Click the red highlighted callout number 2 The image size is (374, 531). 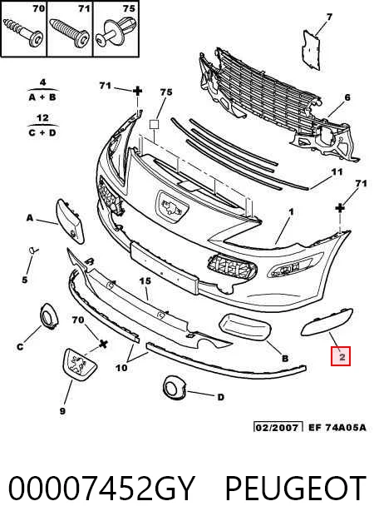(341, 356)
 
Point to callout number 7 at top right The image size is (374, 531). (329, 17)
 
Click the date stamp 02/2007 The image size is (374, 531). (278, 427)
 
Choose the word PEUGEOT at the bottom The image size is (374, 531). (295, 488)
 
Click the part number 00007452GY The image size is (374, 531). (101, 488)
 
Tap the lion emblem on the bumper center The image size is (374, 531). (173, 207)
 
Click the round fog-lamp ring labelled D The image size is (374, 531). (175, 387)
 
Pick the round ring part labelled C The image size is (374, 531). (48, 316)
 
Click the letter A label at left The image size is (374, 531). (30, 218)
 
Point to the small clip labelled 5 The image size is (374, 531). (33, 251)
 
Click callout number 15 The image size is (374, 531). (145, 280)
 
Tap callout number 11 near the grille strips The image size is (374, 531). (337, 172)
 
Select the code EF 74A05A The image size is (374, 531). (337, 427)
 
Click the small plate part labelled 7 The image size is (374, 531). (311, 50)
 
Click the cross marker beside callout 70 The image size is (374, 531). (103, 345)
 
